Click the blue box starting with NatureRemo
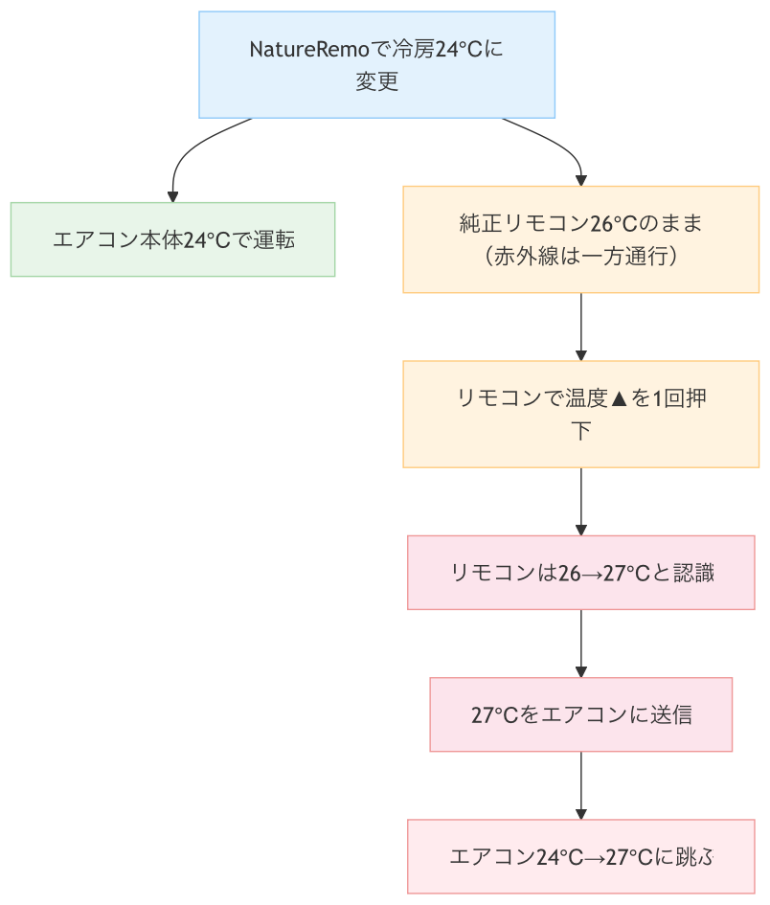coord(376,64)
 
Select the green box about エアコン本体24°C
coord(172,239)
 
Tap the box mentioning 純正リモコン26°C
coord(581,239)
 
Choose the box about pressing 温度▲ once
coord(581,414)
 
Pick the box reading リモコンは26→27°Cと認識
coord(581,573)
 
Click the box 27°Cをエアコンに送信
coord(581,714)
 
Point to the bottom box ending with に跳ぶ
coord(581,856)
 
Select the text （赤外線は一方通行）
coord(581,256)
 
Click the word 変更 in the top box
coord(376,81)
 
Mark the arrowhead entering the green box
coord(173,194)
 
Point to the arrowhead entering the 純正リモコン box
coord(581,179)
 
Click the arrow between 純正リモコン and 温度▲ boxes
coord(581,326)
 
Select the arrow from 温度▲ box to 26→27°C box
coord(581,500)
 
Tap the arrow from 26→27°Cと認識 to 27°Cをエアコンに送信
coord(581,643)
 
